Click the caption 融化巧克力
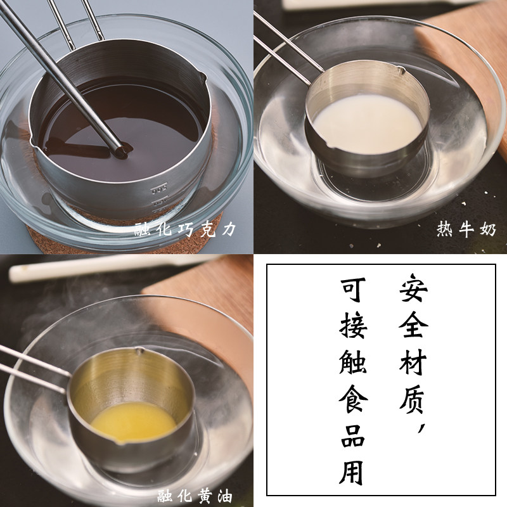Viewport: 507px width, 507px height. pos(184,229)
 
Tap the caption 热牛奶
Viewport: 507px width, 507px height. pos(466,229)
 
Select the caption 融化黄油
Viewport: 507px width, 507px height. pos(195,496)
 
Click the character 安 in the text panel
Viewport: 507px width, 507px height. pos(414,288)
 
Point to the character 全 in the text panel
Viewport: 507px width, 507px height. pos(414,325)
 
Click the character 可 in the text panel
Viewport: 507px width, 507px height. pos(353,290)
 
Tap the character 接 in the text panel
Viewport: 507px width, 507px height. pos(353,326)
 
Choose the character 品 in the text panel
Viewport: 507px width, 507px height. pos(353,436)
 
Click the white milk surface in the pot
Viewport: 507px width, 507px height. pos(368,124)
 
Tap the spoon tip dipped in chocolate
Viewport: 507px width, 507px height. pos(120,151)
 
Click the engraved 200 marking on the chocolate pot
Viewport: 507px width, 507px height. pos(160,189)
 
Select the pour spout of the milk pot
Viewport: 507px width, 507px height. pos(401,70)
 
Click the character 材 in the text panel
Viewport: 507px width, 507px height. pos(414,362)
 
